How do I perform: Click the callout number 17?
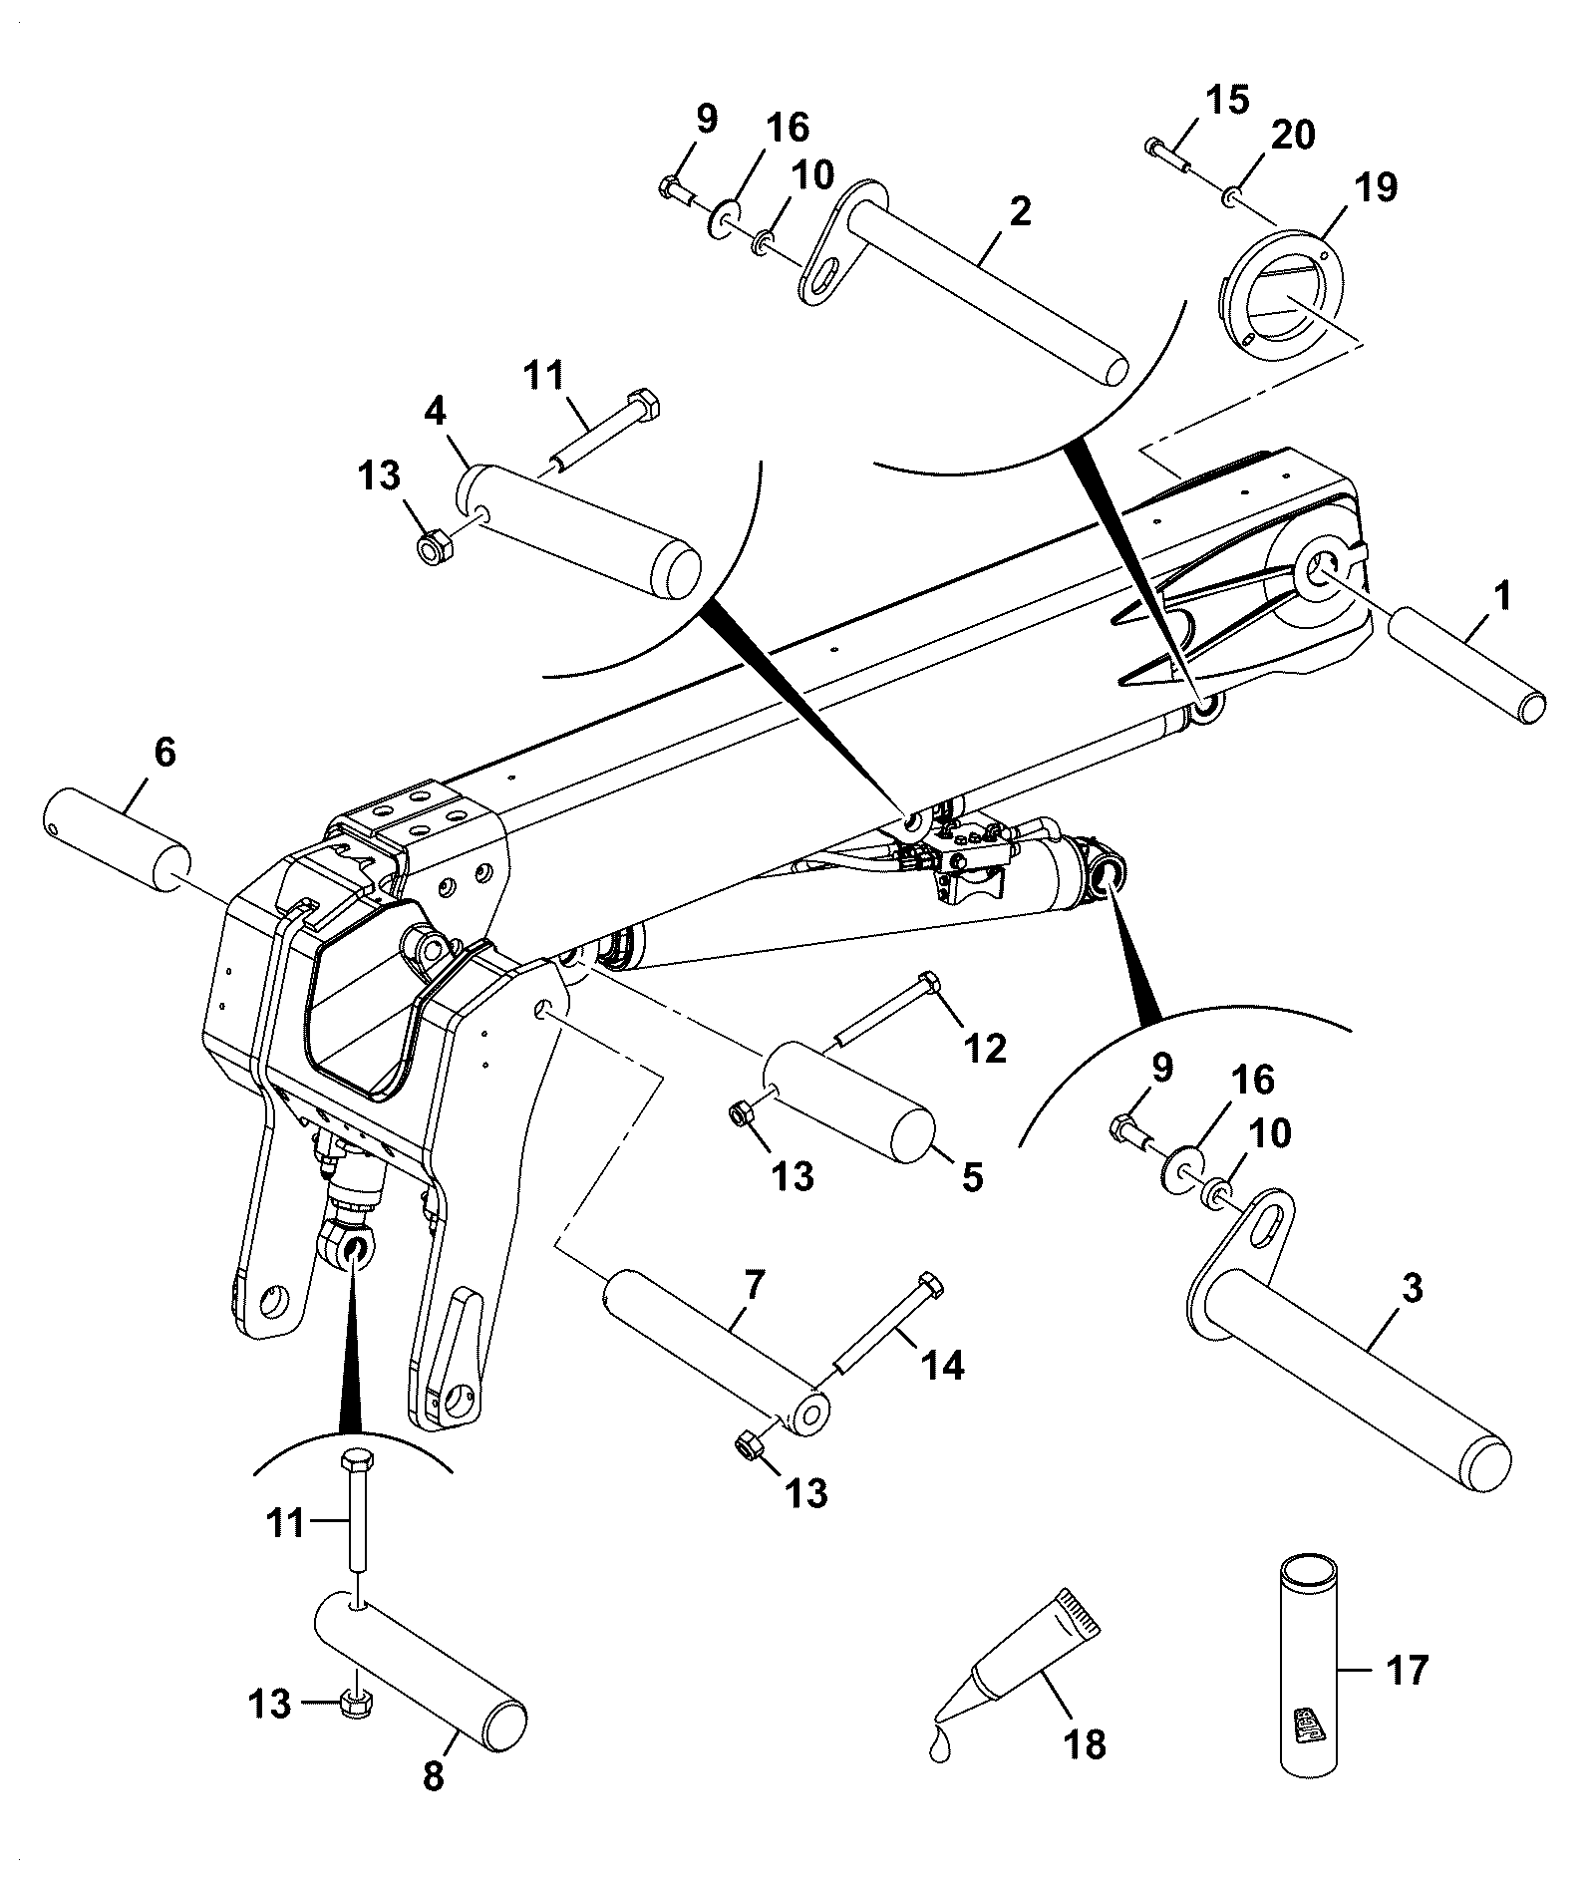click(x=1407, y=1669)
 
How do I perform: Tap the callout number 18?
click(x=1085, y=1744)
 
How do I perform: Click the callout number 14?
click(x=942, y=1365)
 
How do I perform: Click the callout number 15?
click(x=1225, y=100)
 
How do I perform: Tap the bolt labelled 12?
click(x=883, y=1009)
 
